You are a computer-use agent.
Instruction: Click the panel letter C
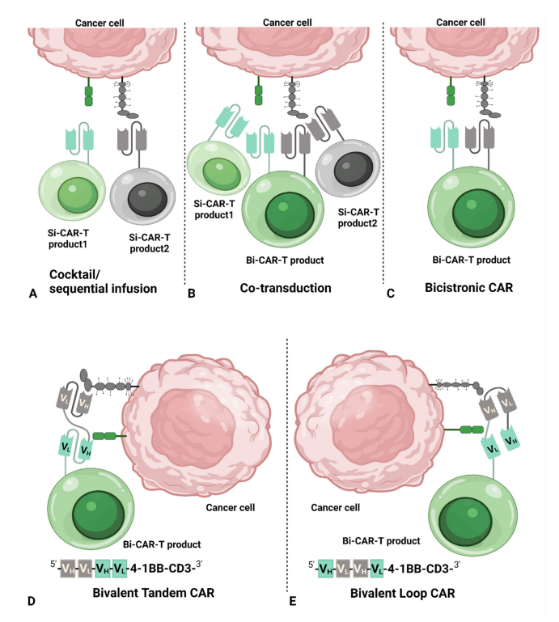pyautogui.click(x=391, y=294)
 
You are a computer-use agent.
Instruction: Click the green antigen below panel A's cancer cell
pyautogui.click(x=89, y=94)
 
